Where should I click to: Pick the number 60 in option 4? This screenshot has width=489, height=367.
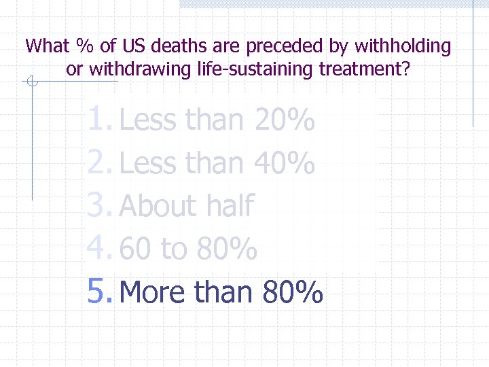(x=135, y=249)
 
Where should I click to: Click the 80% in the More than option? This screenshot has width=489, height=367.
(x=292, y=292)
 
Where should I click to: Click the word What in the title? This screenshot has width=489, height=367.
(x=48, y=46)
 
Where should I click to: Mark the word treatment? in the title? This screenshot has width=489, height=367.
(x=365, y=69)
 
